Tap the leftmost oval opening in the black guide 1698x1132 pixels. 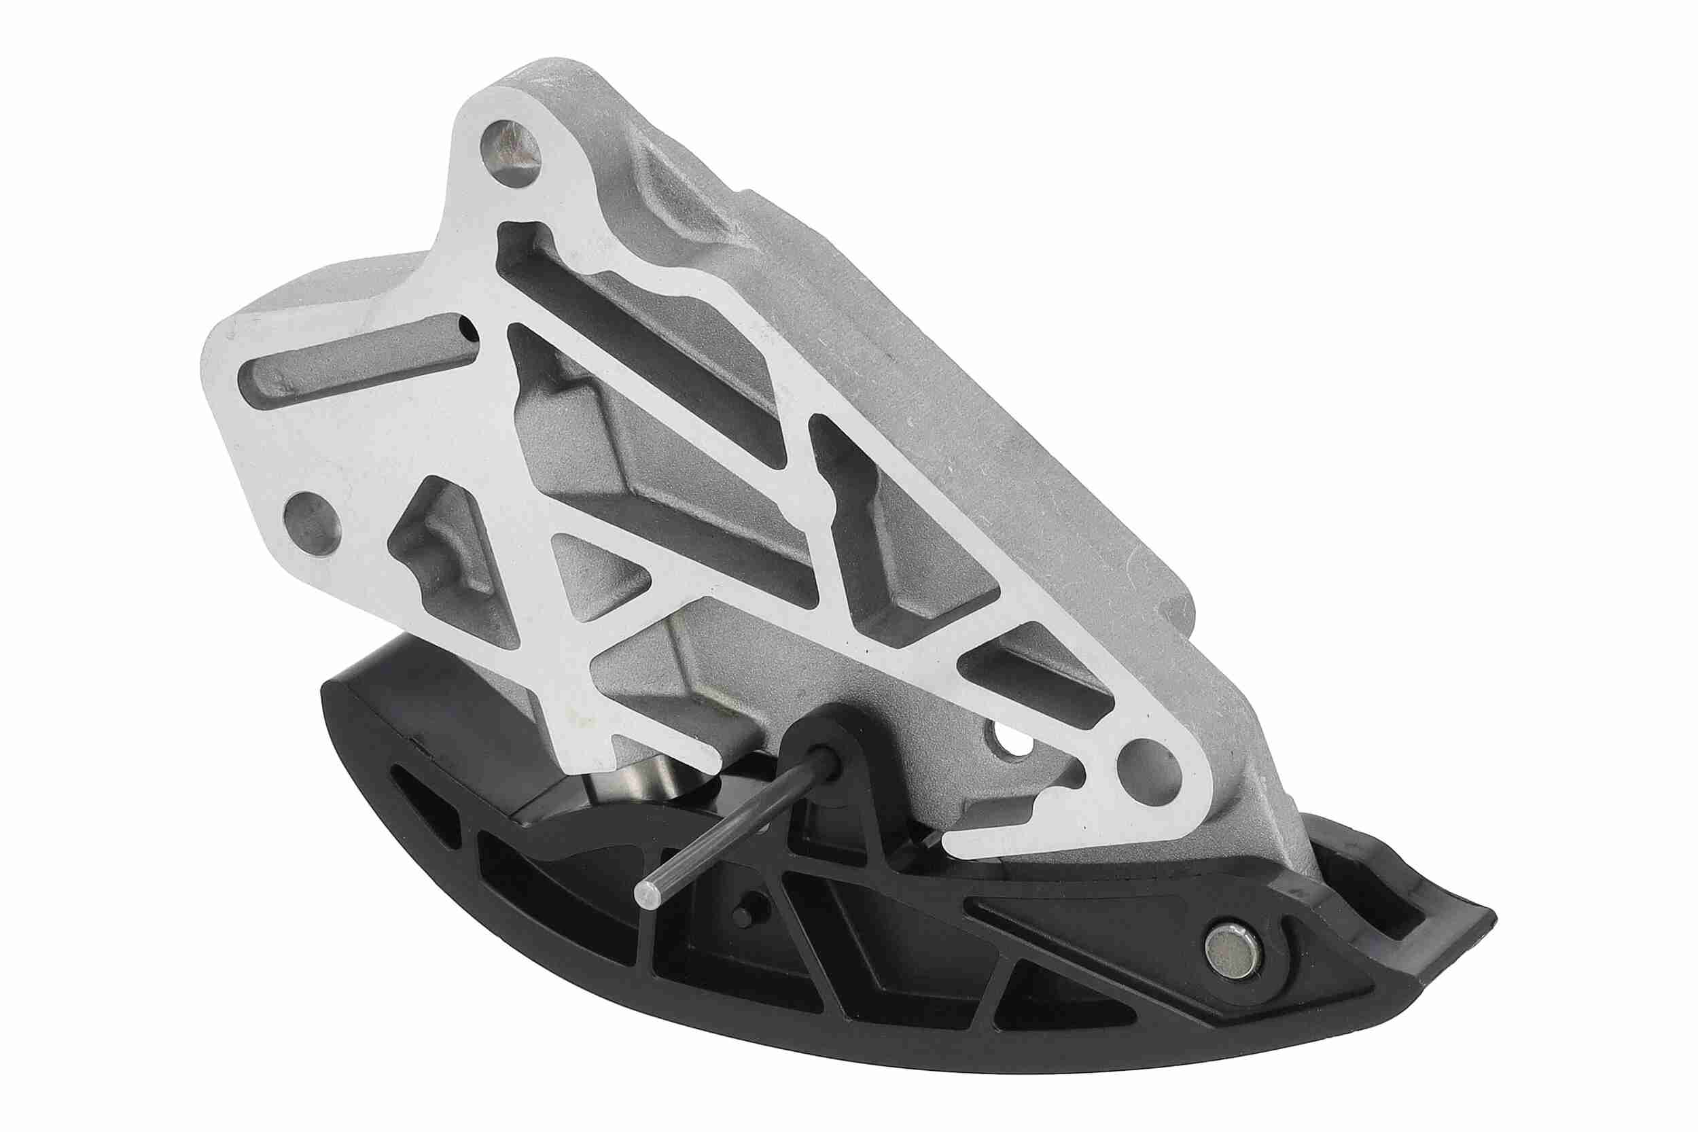click(426, 805)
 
